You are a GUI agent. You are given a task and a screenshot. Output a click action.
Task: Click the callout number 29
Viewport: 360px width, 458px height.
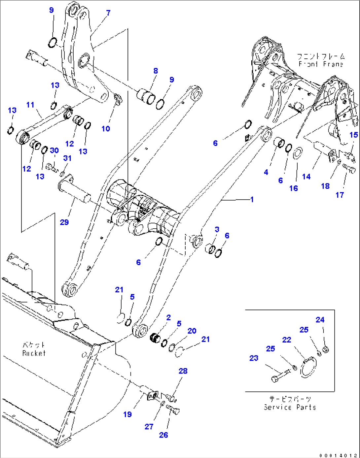point(64,222)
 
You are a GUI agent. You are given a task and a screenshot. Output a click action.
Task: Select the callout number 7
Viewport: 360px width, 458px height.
point(108,13)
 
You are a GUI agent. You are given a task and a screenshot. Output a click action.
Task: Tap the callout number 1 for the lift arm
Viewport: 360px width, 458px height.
point(252,199)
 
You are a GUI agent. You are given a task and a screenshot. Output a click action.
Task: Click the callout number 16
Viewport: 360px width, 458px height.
point(293,188)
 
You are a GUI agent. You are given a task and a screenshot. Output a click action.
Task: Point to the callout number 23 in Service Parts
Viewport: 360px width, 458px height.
point(254,358)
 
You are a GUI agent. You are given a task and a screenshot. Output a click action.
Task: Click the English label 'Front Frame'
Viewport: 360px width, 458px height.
point(321,64)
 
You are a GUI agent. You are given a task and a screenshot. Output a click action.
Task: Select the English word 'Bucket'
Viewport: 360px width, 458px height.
point(34,353)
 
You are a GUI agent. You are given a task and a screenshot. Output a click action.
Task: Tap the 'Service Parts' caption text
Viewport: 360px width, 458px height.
point(290,407)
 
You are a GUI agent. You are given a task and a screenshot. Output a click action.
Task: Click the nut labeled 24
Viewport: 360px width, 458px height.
point(325,349)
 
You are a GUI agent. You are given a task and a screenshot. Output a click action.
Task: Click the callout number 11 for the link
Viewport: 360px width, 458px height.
point(30,105)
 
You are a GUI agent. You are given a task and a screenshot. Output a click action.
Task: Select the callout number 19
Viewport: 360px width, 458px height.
point(127,414)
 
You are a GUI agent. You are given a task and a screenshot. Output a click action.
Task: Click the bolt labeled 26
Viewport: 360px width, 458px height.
point(173,410)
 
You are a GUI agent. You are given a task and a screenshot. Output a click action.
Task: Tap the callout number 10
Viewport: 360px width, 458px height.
point(106,128)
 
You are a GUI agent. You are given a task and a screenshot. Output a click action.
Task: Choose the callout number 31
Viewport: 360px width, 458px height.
point(67,158)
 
